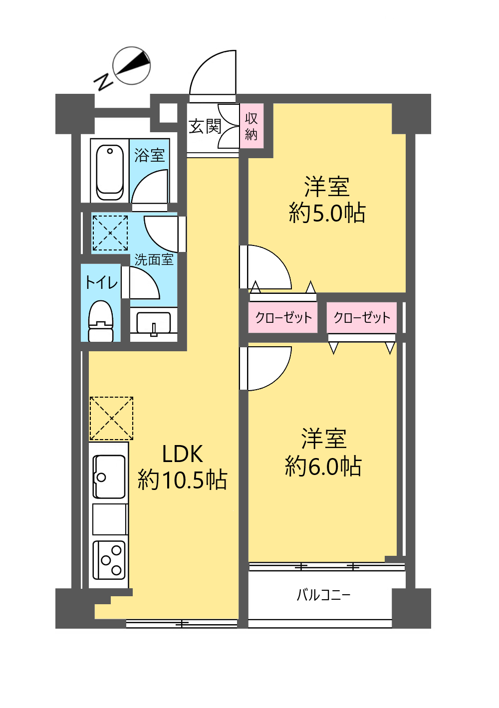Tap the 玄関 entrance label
pos(205,127)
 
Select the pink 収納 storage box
pos(251,126)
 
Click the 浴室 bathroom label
pos(150,155)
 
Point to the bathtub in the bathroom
pos(110,172)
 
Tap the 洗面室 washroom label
pos(154,259)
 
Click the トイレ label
pos(101,282)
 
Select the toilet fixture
pos(101,320)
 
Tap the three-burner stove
pos(109,560)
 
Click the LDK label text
pos(182,454)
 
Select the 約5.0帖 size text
pos(327,213)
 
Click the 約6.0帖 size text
pos(323,466)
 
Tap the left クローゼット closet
pos(283,317)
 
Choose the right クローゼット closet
pos(362,317)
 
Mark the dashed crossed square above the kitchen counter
pos(111,419)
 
